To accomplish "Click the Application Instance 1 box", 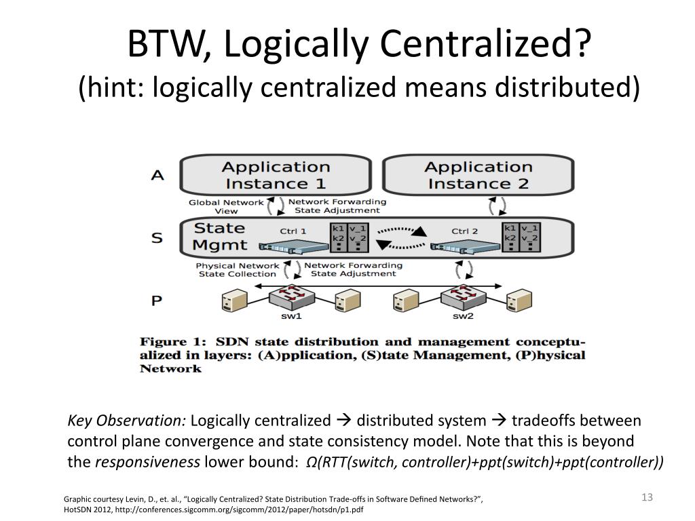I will click(x=276, y=175).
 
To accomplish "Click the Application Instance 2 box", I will click(x=478, y=175).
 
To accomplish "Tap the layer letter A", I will click(x=157, y=175).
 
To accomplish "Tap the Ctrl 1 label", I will click(x=293, y=231).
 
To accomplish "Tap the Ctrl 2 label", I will click(x=465, y=231).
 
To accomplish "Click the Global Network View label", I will click(x=225, y=206).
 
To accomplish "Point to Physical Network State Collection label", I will click(x=237, y=269).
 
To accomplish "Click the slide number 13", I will click(x=646, y=498).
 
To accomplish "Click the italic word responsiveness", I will click(x=147, y=463).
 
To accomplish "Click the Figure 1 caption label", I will click(x=172, y=342).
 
